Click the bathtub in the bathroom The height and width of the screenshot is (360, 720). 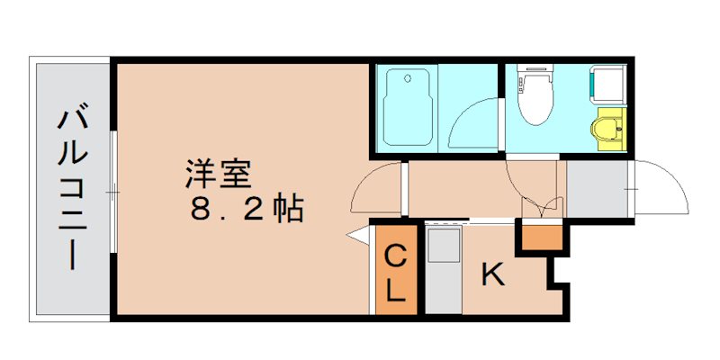click(x=409, y=108)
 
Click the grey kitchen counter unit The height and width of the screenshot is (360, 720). click(x=443, y=270)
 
